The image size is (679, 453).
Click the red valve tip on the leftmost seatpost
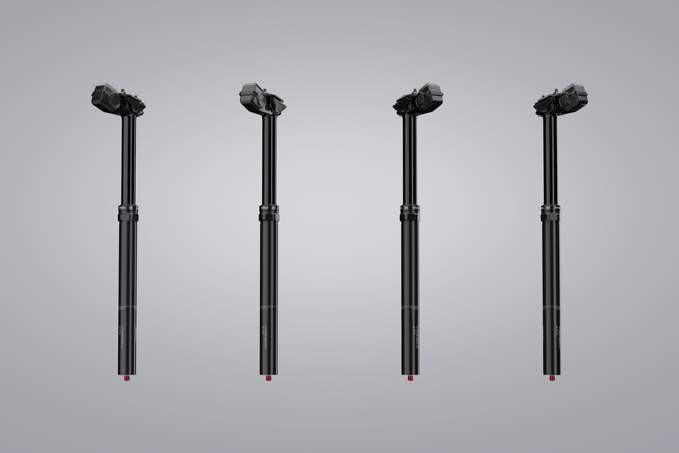coord(128,378)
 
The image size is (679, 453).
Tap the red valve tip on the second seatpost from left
coord(269,378)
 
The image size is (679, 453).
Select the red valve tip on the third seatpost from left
coord(410,378)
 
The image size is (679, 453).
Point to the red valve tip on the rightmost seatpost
coord(552,378)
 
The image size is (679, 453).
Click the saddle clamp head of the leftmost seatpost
coord(118,100)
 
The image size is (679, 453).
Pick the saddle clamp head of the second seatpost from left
coord(262,99)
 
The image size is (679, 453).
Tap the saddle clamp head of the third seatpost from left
coord(418,100)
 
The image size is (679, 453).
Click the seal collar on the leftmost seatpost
coord(128,212)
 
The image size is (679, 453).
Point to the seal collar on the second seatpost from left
coord(269,212)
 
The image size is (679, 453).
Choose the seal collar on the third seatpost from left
coord(410,212)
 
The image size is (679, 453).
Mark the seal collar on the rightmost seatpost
coord(550,212)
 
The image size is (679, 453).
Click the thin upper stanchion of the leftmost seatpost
coord(129,159)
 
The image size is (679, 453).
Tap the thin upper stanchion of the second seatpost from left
coord(269,159)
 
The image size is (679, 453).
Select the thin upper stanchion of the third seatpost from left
coord(410,159)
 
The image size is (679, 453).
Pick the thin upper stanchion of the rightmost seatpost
coord(550,159)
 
